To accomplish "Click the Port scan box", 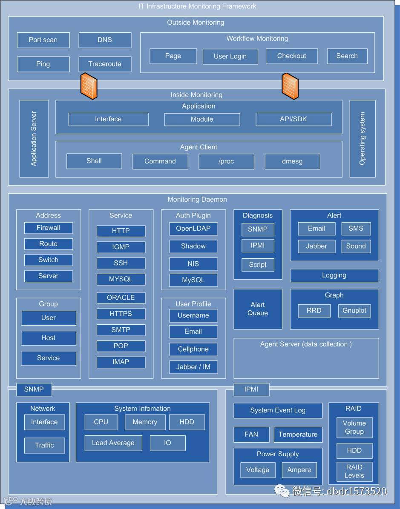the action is pyautogui.click(x=43, y=40).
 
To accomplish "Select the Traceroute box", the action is pyautogui.click(x=105, y=64).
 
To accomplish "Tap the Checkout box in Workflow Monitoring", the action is pyautogui.click(x=292, y=56).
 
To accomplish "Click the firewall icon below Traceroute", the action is pyautogui.click(x=89, y=86).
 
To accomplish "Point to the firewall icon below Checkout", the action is pyautogui.click(x=290, y=86).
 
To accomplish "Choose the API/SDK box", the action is pyautogui.click(x=294, y=119).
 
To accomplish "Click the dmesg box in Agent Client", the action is pyautogui.click(x=292, y=161).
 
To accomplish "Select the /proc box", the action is pyautogui.click(x=226, y=161).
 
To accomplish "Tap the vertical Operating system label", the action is pyautogui.click(x=363, y=139).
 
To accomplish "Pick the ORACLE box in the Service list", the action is pyautogui.click(x=121, y=297).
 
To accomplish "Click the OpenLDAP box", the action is pyautogui.click(x=193, y=229).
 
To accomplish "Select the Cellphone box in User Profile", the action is pyautogui.click(x=193, y=349).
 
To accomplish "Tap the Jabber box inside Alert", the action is pyautogui.click(x=317, y=246).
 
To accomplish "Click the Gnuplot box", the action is pyautogui.click(x=354, y=311).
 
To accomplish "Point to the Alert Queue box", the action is pyautogui.click(x=258, y=309).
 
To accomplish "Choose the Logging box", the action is pyautogui.click(x=334, y=275).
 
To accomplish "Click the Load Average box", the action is pyautogui.click(x=113, y=443).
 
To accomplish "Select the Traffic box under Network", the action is pyautogui.click(x=44, y=446).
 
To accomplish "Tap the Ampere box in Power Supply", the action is pyautogui.click(x=299, y=470).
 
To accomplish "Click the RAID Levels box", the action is pyautogui.click(x=354, y=472).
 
